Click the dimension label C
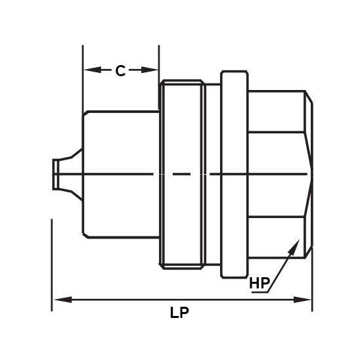[x=120, y=71]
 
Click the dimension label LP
[x=179, y=313]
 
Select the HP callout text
[x=259, y=284]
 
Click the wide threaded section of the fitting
[x=182, y=173]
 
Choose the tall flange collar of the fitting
[x=235, y=173]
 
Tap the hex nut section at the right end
[x=276, y=173]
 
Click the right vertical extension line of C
[x=159, y=59]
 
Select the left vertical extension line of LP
[x=52, y=263]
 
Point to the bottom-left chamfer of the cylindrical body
[x=85, y=233]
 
